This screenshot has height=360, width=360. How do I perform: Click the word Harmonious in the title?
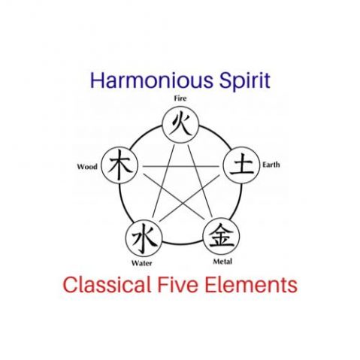point(152,80)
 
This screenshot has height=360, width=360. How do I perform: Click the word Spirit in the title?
point(245,80)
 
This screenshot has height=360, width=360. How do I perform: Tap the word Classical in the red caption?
point(107,285)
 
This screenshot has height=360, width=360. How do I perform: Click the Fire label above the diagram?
point(180,98)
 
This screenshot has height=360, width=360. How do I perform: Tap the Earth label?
point(271,165)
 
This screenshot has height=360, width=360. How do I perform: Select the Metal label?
point(222,262)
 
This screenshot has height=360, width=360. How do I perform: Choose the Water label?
point(142,263)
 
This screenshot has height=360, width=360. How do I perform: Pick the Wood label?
point(87,167)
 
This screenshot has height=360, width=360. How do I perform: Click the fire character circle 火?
point(180,125)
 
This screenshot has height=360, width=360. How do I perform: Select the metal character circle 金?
point(221,236)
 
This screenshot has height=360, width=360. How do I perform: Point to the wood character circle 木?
point(119,165)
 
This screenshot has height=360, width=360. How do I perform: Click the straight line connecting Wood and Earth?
point(181,166)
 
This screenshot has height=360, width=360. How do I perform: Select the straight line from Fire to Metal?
point(200,181)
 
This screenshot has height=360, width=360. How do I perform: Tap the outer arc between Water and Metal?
point(183,244)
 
